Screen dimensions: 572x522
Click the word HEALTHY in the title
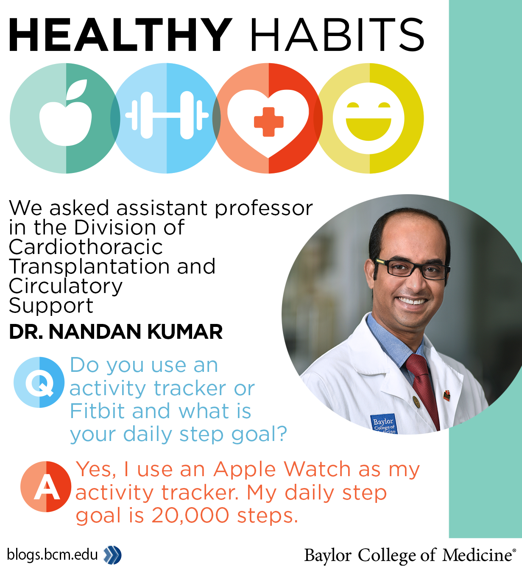pyautogui.click(x=120, y=35)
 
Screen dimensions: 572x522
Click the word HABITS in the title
pyautogui.click(x=337, y=35)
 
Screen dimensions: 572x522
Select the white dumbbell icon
pyautogui.click(x=167, y=115)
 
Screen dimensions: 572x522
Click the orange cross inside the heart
pyautogui.click(x=268, y=122)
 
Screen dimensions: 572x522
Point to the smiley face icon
pyautogui.click(x=369, y=118)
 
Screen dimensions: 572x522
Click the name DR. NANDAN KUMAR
pyautogui.click(x=116, y=332)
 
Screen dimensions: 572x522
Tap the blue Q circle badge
pyautogui.click(x=39, y=382)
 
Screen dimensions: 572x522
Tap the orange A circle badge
pyautogui.click(x=46, y=487)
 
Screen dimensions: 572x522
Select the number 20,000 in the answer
pyautogui.click(x=190, y=516)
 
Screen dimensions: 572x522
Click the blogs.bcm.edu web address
pyautogui.click(x=53, y=554)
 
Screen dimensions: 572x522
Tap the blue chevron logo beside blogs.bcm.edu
pyautogui.click(x=112, y=555)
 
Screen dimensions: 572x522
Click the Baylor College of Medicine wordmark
pyautogui.click(x=410, y=555)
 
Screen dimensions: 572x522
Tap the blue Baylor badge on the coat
pyautogui.click(x=384, y=424)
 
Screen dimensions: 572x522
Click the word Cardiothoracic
pyautogui.click(x=86, y=247)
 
